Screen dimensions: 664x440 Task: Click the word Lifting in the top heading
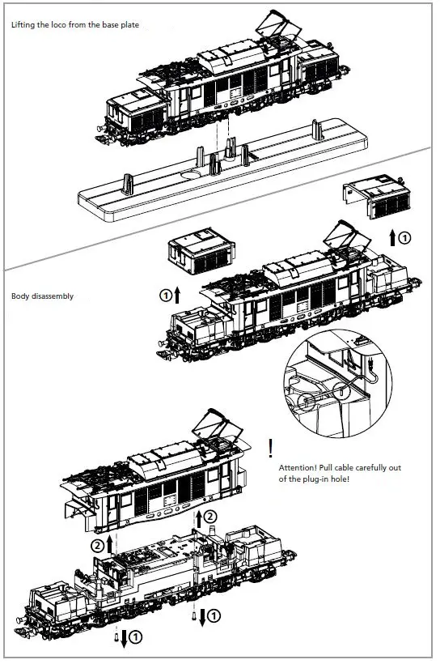(23, 25)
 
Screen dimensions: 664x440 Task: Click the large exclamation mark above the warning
(270, 446)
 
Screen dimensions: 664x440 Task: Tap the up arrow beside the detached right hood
(393, 237)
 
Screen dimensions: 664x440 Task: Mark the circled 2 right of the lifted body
(211, 516)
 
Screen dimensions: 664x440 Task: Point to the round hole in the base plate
(191, 174)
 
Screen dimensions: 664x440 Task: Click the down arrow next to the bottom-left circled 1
(125, 639)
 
